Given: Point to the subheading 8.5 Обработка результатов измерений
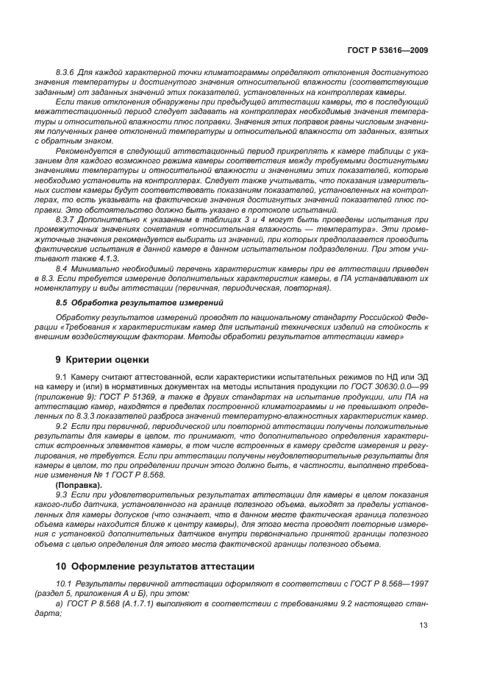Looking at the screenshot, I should [126, 302].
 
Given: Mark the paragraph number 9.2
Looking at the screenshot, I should [62, 425].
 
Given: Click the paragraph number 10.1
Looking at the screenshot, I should [64, 584].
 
